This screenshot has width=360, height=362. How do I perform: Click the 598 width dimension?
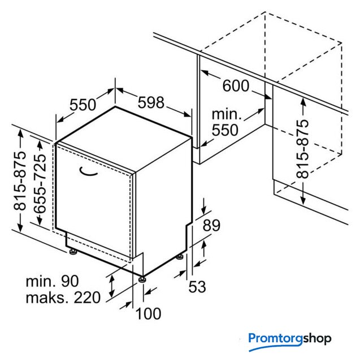[x=151, y=102]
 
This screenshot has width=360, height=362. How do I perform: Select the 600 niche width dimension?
[x=236, y=85]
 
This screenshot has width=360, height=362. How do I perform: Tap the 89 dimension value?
[x=211, y=225]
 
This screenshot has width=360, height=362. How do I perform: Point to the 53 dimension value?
[x=197, y=287]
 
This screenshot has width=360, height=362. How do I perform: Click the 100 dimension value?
[x=148, y=313]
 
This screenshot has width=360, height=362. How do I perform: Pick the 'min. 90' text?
[x=53, y=281]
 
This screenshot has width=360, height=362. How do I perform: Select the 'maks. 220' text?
[x=63, y=297]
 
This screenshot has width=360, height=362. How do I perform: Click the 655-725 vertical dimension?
[x=40, y=183]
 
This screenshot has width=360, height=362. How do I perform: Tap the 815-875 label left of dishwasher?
[x=20, y=181]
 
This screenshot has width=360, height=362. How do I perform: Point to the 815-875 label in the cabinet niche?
[x=302, y=149]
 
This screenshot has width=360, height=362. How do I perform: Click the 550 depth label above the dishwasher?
[x=83, y=105]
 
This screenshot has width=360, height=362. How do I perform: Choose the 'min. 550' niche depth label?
[x=226, y=122]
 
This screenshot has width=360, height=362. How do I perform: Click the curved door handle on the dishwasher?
[x=89, y=171]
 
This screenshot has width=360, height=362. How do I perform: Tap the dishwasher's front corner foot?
[x=142, y=279]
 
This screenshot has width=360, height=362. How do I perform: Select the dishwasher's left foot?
[x=73, y=252]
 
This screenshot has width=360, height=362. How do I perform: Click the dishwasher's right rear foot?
[x=180, y=257]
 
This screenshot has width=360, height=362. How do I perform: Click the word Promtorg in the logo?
[x=275, y=339]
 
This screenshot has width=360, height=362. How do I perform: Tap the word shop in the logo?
[x=317, y=339]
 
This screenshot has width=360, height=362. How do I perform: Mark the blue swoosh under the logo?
[x=276, y=347]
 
